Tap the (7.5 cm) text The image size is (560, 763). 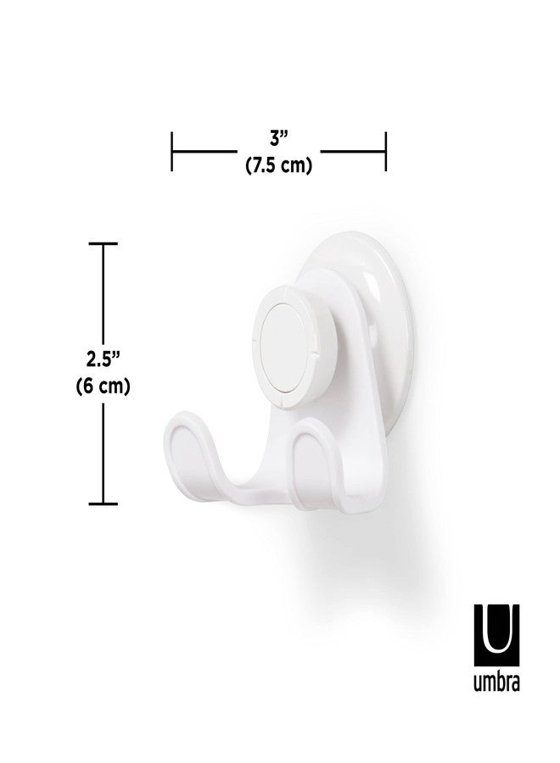279,166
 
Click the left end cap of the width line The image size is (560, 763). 173,153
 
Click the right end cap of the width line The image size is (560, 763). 386,153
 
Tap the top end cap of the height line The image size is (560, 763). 104,244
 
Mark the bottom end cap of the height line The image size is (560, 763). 104,504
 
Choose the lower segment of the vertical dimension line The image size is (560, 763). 104,454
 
